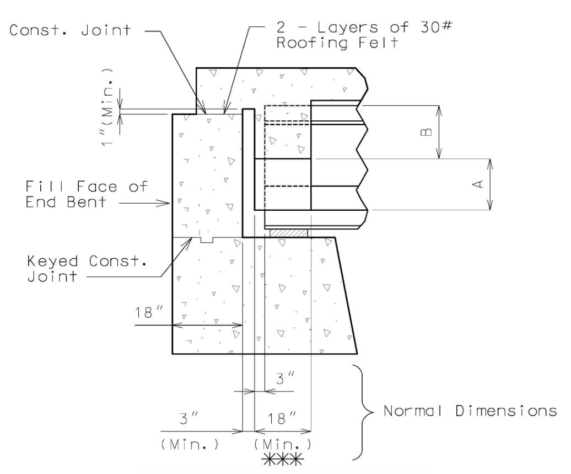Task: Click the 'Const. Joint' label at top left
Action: coord(70,30)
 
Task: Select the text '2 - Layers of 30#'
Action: coord(364,28)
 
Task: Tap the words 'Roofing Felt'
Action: coord(337,42)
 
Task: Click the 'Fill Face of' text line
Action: coord(87,187)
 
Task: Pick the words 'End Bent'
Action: coord(66,202)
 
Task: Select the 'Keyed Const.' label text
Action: coord(87,261)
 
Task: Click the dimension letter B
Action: coord(427,132)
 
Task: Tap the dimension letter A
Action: coord(478,184)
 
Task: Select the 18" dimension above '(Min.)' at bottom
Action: coord(282,419)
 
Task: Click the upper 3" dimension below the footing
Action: coord(285,379)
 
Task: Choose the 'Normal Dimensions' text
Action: coord(470,411)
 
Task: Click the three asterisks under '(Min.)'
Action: coord(283,460)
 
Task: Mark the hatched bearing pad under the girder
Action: coord(288,233)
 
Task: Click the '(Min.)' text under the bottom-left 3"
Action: coord(190,444)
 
